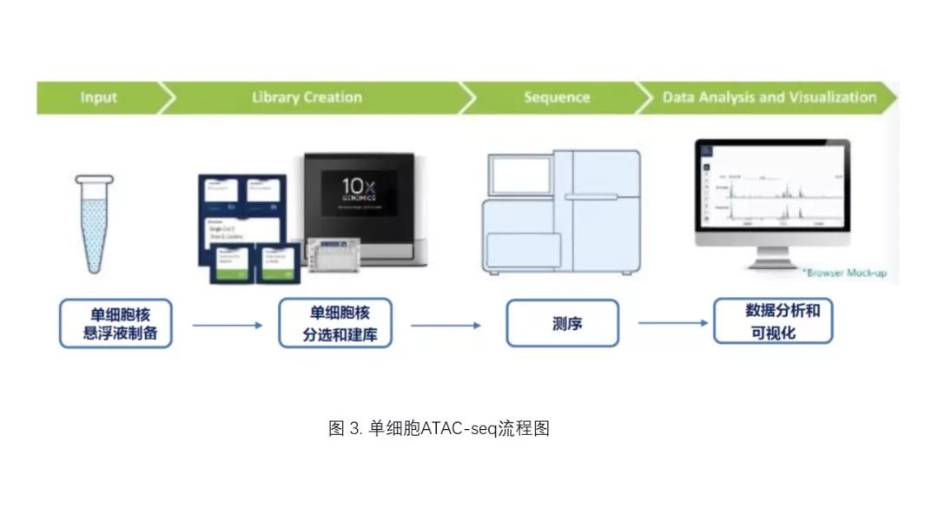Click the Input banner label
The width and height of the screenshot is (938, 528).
[x=98, y=97]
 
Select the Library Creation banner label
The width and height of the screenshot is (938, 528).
[x=307, y=97]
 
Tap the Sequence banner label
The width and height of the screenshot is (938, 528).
[x=557, y=97]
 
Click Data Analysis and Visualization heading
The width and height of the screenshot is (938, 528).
[x=769, y=97]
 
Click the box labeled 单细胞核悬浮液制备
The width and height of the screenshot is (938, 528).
[x=116, y=322]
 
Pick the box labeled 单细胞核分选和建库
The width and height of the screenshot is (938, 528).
[x=335, y=322]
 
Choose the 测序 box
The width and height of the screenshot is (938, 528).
[x=562, y=323]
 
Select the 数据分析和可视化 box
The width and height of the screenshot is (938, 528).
[x=773, y=321]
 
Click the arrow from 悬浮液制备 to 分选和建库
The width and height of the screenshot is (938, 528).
[x=226, y=326]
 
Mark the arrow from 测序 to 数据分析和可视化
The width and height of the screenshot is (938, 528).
[x=673, y=323]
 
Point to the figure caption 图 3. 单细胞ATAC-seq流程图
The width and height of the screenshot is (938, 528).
[x=440, y=429]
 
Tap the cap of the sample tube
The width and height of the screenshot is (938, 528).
[x=94, y=180]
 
